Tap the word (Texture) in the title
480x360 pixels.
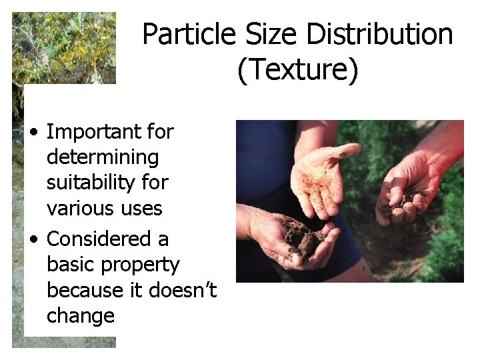click(297, 69)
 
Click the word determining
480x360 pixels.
click(103, 157)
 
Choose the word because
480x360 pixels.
click(85, 290)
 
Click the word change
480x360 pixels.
click(81, 315)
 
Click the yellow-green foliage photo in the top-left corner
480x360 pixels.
click(63, 47)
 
